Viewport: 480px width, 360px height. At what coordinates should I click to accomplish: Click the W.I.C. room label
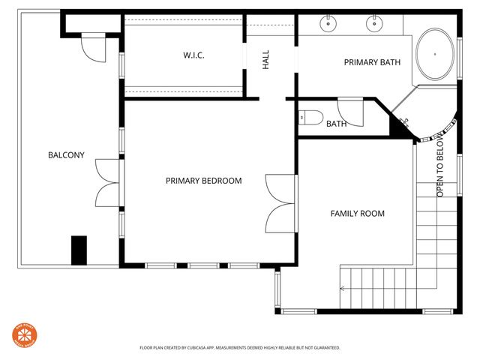click(194, 56)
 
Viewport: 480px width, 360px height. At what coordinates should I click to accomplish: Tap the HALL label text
click(265, 61)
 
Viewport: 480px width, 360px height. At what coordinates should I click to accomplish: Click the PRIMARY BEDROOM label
click(203, 181)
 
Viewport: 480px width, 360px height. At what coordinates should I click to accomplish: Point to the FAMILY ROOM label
click(357, 214)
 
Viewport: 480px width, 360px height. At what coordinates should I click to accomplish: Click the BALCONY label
click(66, 156)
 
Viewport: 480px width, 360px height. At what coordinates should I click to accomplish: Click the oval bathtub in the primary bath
click(435, 55)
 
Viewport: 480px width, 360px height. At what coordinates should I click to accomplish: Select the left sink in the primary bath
click(328, 24)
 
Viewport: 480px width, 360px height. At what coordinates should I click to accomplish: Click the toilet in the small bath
click(310, 118)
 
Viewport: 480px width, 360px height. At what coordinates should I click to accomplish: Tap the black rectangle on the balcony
click(79, 250)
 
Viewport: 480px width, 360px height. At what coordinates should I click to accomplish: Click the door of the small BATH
click(350, 111)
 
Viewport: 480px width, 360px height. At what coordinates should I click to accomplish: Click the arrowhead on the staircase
click(343, 287)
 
